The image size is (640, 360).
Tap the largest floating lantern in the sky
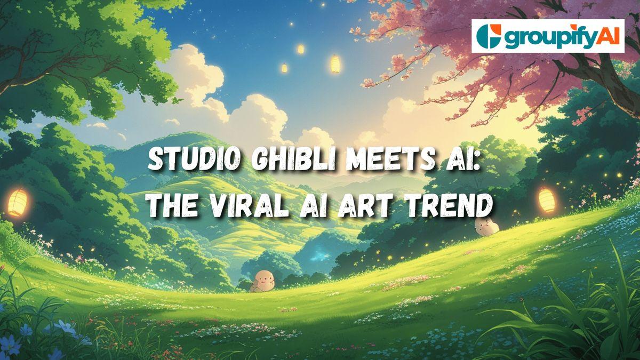(x=335, y=63)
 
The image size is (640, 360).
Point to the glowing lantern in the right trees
(x=546, y=199)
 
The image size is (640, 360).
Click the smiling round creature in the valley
(x=262, y=279)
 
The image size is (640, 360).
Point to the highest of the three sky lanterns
(x=300, y=49)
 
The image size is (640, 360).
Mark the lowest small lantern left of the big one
(x=284, y=68)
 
